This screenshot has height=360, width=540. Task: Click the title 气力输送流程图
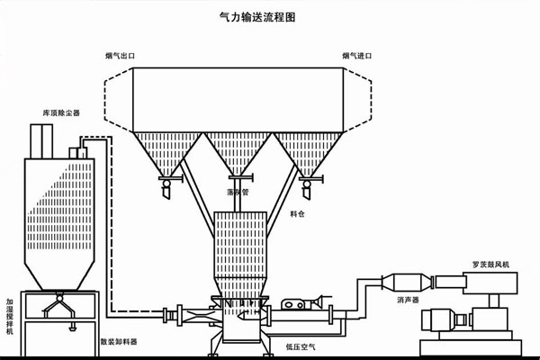click(x=270, y=15)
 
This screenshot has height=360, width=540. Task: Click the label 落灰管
click(x=238, y=192)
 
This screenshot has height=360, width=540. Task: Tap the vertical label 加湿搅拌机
click(x=9, y=317)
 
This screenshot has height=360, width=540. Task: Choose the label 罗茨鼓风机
click(x=493, y=264)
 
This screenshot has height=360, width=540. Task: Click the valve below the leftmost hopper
click(x=166, y=184)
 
